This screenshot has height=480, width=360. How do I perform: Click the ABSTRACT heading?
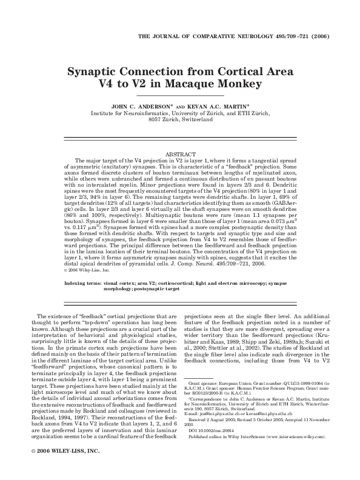click(180, 155)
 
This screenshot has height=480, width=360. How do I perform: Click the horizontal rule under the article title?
click(179, 96)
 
